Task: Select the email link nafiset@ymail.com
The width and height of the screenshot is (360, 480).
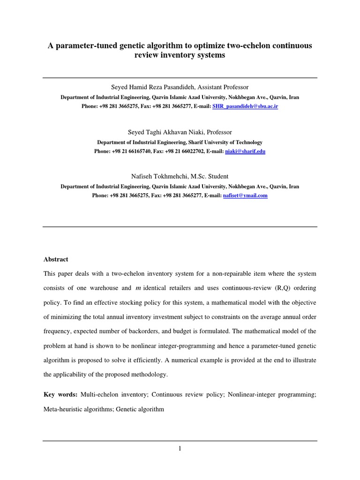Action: pyautogui.click(x=245, y=195)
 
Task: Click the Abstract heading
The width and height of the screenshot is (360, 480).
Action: pyautogui.click(x=56, y=259)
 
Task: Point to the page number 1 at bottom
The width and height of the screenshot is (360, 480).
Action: pyautogui.click(x=180, y=449)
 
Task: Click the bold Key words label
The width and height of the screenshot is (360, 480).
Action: pyautogui.click(x=60, y=395)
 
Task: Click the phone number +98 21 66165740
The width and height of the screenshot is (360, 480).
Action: pyautogui.click(x=128, y=151)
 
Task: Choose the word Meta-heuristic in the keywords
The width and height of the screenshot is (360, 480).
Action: pyautogui.click(x=61, y=409)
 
